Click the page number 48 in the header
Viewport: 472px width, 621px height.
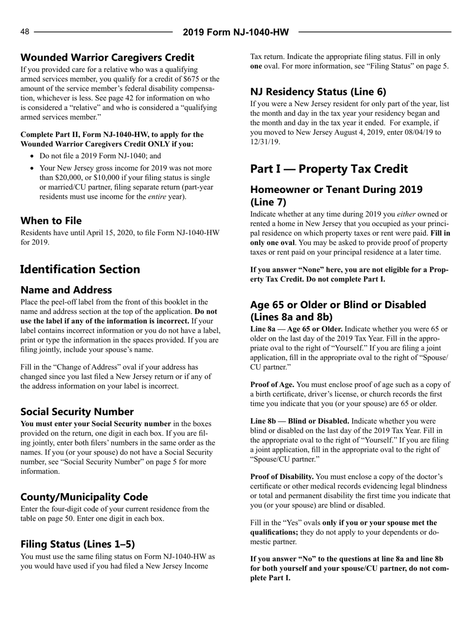pyautogui.click(x=25, y=32)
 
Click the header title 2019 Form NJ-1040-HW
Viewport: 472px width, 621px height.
pyautogui.click(x=236, y=32)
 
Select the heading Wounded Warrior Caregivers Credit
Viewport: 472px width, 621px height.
pyautogui.click(x=107, y=58)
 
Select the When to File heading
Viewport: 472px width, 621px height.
pyautogui.click(x=51, y=220)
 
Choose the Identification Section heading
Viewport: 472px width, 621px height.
pyautogui.click(x=80, y=269)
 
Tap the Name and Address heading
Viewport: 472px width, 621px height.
pyautogui.click(x=66, y=290)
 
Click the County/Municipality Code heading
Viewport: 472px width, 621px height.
pyautogui.click(x=84, y=497)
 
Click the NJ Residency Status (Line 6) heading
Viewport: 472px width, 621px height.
pyautogui.click(x=318, y=91)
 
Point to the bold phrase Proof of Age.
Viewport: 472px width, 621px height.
pyautogui.click(x=272, y=385)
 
